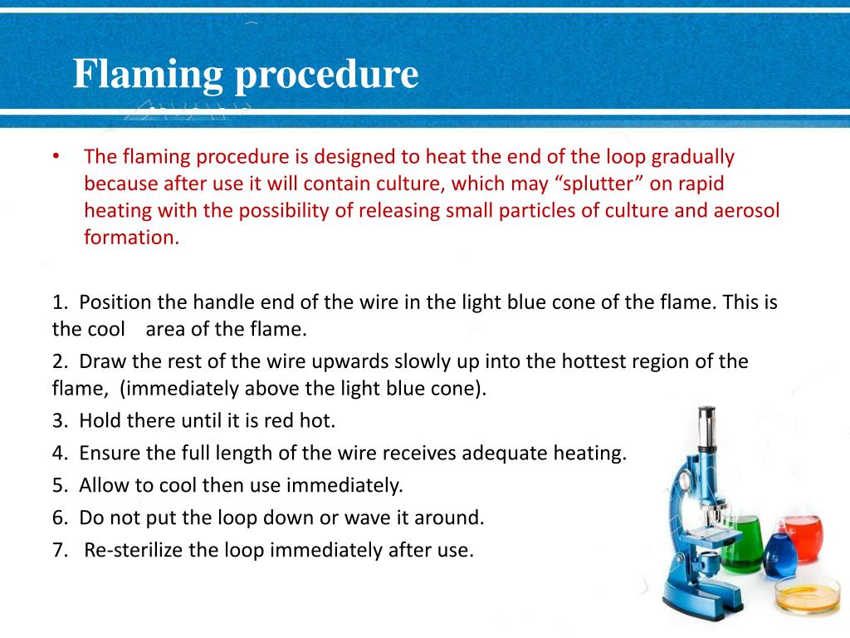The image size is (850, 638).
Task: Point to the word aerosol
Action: point(746,209)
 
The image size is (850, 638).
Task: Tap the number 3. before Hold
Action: point(60,420)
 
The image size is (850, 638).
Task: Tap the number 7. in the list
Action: point(60,550)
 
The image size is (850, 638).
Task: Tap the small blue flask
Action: point(779,555)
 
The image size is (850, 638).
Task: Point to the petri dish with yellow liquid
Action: point(802,595)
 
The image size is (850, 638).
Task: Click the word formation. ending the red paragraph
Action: point(131,237)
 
